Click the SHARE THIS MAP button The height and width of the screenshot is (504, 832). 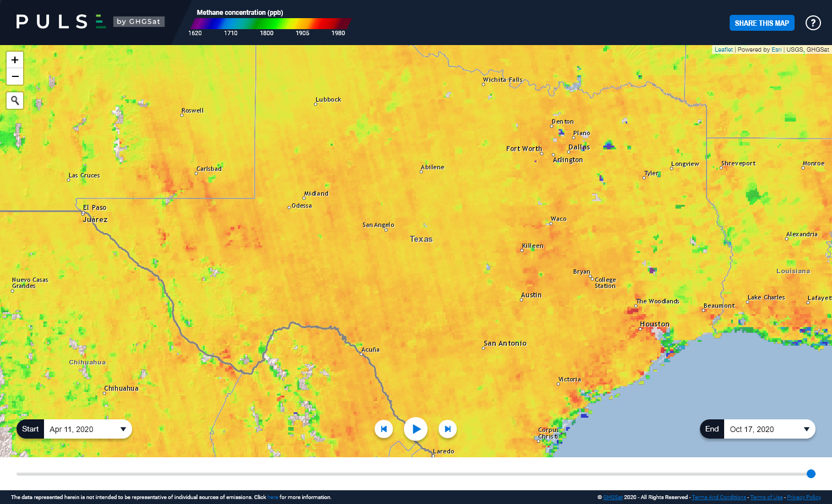click(x=762, y=23)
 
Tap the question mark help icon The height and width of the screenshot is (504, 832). click(x=813, y=23)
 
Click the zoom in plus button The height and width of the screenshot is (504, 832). click(x=15, y=60)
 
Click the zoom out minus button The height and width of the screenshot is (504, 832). click(x=15, y=76)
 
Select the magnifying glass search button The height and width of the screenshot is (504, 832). click(x=15, y=101)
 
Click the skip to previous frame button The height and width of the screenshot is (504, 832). click(x=384, y=429)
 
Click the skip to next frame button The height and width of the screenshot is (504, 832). click(x=447, y=429)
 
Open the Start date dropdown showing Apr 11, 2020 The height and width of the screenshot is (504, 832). click(x=87, y=429)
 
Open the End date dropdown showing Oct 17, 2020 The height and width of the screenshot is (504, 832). click(x=768, y=429)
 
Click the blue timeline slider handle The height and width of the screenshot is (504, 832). click(x=811, y=474)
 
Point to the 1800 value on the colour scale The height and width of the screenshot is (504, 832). click(x=266, y=33)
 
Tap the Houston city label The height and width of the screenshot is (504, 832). click(x=654, y=324)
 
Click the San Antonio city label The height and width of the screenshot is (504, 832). click(x=505, y=344)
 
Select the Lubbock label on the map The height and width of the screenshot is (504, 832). click(x=329, y=99)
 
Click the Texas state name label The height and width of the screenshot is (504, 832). click(x=421, y=239)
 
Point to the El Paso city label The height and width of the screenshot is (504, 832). click(x=95, y=208)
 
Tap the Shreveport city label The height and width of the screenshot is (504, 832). click(x=738, y=164)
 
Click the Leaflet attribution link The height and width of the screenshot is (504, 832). click(x=723, y=49)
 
